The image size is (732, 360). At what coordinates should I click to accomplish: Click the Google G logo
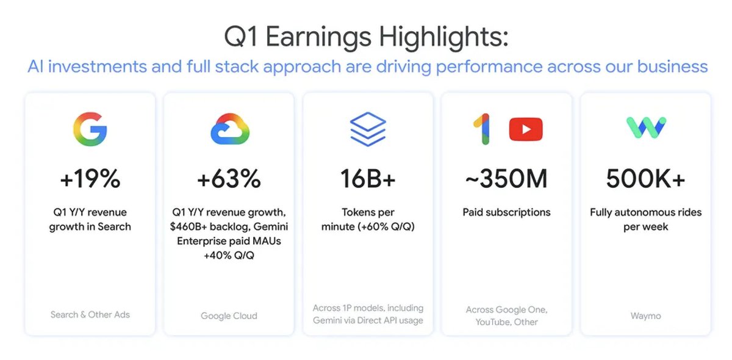[x=90, y=129]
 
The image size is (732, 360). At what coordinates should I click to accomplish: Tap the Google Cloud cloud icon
[x=230, y=129]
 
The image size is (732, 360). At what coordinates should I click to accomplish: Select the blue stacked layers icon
[x=368, y=129]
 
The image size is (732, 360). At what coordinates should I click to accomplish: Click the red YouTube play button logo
[x=526, y=129]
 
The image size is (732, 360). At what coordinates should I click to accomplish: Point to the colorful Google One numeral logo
[x=483, y=129]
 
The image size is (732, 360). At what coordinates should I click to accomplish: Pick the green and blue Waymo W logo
[x=646, y=128]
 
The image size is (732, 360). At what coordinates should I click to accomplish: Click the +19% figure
[x=90, y=179]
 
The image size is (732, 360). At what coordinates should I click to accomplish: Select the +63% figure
[x=229, y=179]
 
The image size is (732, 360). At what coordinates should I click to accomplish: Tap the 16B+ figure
[x=368, y=179]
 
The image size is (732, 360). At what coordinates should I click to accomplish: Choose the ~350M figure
[x=506, y=179]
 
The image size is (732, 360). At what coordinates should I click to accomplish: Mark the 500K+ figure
[x=646, y=179]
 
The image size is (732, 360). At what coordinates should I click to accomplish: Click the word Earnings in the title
[x=318, y=37]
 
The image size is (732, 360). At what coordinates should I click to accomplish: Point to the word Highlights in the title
[x=443, y=37]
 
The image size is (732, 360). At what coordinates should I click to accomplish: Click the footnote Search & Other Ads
[x=90, y=315]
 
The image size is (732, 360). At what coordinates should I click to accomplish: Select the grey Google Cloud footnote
[x=229, y=316]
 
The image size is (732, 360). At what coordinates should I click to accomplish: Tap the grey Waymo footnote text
[x=646, y=316]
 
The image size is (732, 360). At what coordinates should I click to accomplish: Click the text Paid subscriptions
[x=506, y=212]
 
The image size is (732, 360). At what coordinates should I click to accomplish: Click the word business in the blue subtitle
[x=672, y=67]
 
